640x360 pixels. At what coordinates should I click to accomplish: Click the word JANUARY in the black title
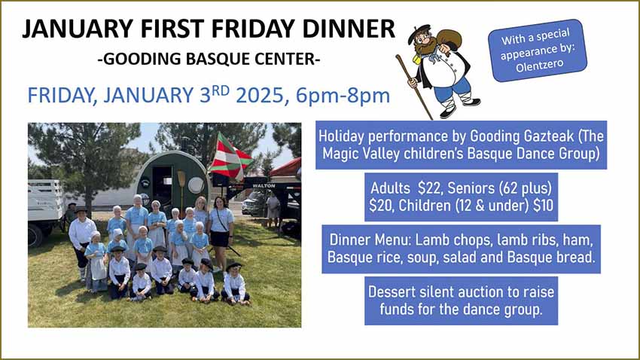tap(78, 29)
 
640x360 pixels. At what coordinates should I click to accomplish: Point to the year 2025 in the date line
tap(260, 95)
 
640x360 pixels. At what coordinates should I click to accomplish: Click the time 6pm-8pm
tap(343, 96)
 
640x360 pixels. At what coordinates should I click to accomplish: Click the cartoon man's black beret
tap(419, 32)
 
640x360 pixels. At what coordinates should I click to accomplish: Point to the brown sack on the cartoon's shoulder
tap(448, 40)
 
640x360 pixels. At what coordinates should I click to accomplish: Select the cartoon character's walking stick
tap(414, 87)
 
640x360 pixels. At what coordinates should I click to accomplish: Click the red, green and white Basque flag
tap(230, 157)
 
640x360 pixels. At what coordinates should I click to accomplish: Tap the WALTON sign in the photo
tap(264, 186)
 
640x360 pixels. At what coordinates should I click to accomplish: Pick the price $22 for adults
tap(428, 188)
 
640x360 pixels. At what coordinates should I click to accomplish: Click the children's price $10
tap(543, 206)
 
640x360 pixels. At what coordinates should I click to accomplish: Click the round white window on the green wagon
tap(196, 185)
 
